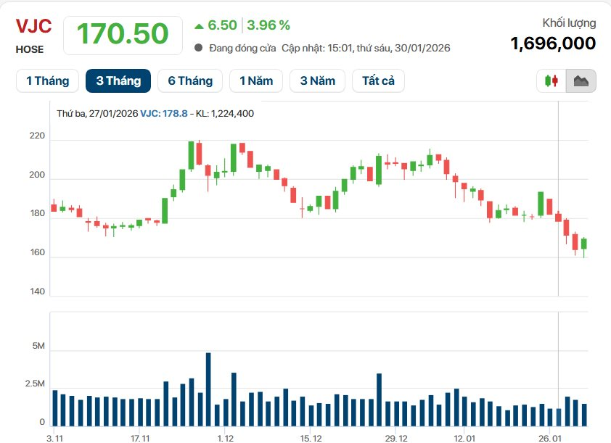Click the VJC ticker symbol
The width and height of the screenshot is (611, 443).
pyautogui.click(x=33, y=27)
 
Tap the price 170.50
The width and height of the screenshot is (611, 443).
pyautogui.click(x=123, y=33)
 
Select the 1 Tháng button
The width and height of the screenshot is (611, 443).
pyautogui.click(x=47, y=80)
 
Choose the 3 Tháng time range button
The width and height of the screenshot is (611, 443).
pyautogui.click(x=118, y=80)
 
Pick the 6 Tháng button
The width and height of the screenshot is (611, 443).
pyautogui.click(x=190, y=80)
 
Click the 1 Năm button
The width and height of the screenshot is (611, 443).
pyautogui.click(x=255, y=80)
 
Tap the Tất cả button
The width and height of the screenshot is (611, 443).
pyautogui.click(x=378, y=80)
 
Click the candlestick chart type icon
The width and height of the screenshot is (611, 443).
pyautogui.click(x=551, y=80)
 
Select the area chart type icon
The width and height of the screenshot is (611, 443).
pyautogui.click(x=581, y=80)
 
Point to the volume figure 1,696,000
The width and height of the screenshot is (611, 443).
pyautogui.click(x=553, y=44)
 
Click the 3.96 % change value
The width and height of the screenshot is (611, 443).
pyautogui.click(x=268, y=25)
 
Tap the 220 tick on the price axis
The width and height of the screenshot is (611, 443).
pyautogui.click(x=37, y=136)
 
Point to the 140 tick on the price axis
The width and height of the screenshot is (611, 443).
pyautogui.click(x=37, y=291)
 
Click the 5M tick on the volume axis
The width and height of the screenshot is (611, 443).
pyautogui.click(x=37, y=347)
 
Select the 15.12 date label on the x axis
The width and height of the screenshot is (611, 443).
pyautogui.click(x=310, y=438)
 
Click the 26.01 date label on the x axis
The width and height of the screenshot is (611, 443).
pyautogui.click(x=550, y=438)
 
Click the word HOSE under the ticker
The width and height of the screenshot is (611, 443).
pyautogui.click(x=30, y=50)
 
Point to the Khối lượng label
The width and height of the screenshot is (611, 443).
pyautogui.click(x=569, y=23)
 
